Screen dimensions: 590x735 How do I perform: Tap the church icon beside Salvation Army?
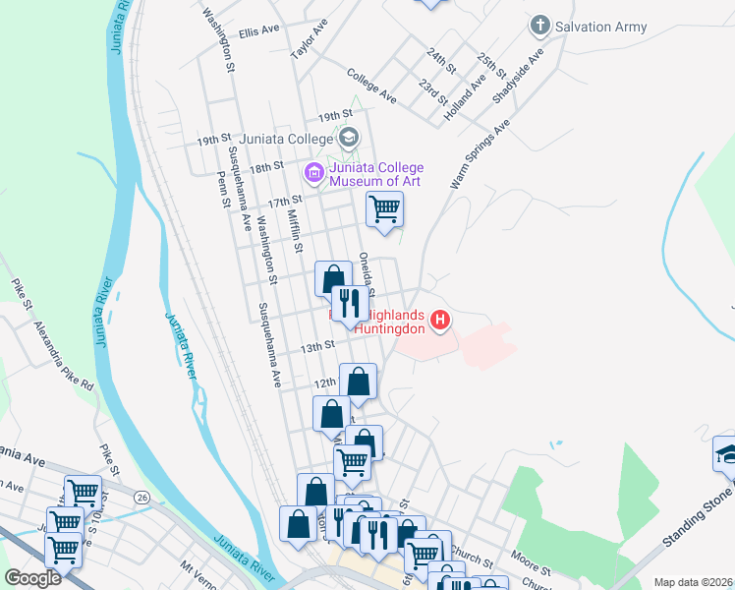(x=539, y=25)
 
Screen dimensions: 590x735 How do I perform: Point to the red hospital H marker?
(x=440, y=321)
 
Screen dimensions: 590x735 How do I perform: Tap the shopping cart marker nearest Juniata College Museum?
(x=384, y=208)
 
